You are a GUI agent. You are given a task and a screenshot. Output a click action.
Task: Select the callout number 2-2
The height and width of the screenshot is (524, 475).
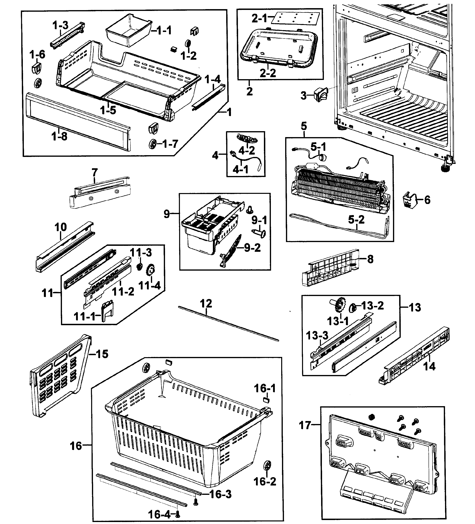tap(268, 73)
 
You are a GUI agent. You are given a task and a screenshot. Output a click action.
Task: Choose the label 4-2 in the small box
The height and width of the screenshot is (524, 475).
tap(246, 150)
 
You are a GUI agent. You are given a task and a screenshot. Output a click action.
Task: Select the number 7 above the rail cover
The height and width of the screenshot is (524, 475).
tap(95, 172)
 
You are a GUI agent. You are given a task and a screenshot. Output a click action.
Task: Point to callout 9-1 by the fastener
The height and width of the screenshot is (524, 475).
tap(259, 220)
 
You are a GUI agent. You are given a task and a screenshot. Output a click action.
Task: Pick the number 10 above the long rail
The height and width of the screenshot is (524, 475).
tap(61, 227)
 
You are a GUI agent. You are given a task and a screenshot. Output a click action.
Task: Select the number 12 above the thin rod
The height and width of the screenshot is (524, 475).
tap(206, 303)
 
